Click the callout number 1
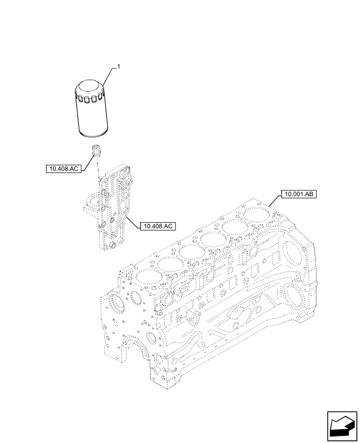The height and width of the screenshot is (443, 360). [x=118, y=66]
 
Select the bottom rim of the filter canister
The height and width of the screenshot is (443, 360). [x=93, y=132]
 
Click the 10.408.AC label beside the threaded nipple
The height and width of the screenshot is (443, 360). [x=64, y=168]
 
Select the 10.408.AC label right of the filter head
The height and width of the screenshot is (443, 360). [x=158, y=226]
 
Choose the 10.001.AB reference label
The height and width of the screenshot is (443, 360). [x=298, y=194]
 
